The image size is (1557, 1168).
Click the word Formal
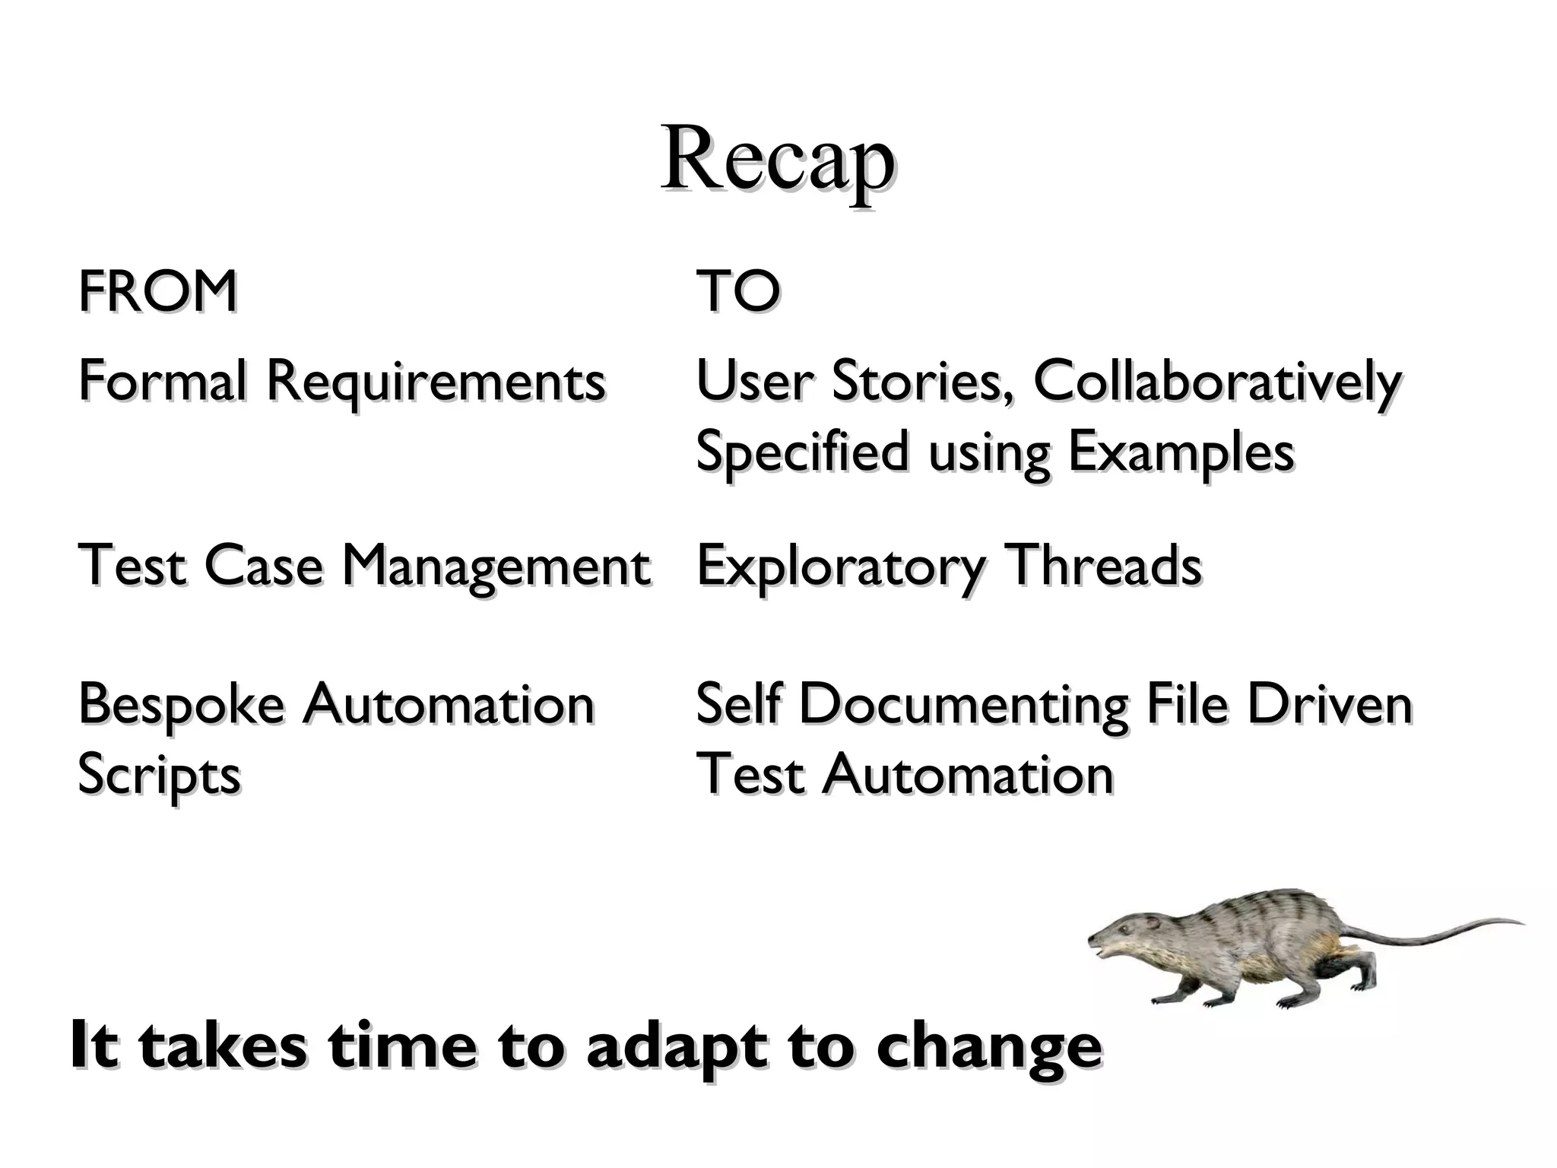click(x=162, y=380)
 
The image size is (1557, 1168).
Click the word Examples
click(x=1181, y=453)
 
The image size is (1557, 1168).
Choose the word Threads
click(x=1103, y=566)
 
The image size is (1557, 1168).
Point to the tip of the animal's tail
click(x=1521, y=923)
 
